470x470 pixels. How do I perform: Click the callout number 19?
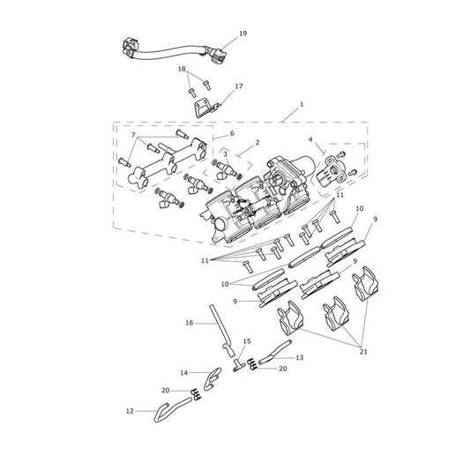242,34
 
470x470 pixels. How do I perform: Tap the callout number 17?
239,86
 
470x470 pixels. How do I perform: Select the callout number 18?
182,69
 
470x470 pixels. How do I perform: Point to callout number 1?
302,104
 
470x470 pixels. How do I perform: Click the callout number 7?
133,135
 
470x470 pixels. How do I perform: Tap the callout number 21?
363,352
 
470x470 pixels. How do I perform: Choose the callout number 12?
130,411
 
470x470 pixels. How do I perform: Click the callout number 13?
300,357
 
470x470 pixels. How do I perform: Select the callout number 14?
183,373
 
